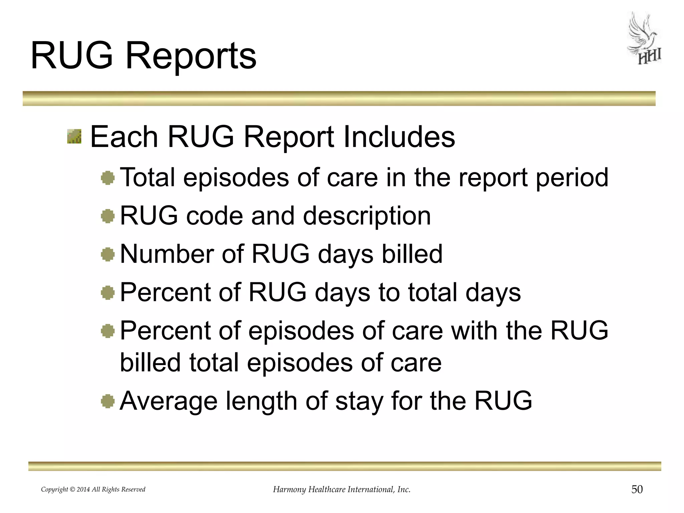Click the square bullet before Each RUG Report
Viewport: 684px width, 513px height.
tap(74, 137)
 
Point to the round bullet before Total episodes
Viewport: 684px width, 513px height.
tap(108, 178)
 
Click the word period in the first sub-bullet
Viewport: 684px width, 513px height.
tap(572, 178)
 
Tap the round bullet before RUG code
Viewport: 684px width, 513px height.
tap(108, 216)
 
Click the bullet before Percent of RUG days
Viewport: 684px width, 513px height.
tap(108, 293)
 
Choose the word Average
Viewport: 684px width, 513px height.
tap(168, 401)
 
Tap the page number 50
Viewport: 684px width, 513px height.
tap(637, 490)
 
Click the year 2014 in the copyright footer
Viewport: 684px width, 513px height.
tap(83, 490)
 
